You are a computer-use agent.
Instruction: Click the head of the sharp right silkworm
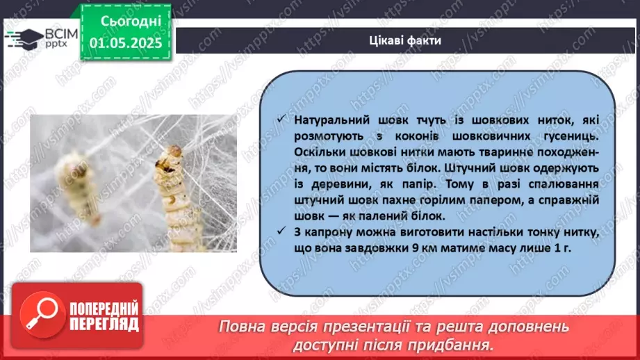170,156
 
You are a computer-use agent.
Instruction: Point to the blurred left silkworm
76,188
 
